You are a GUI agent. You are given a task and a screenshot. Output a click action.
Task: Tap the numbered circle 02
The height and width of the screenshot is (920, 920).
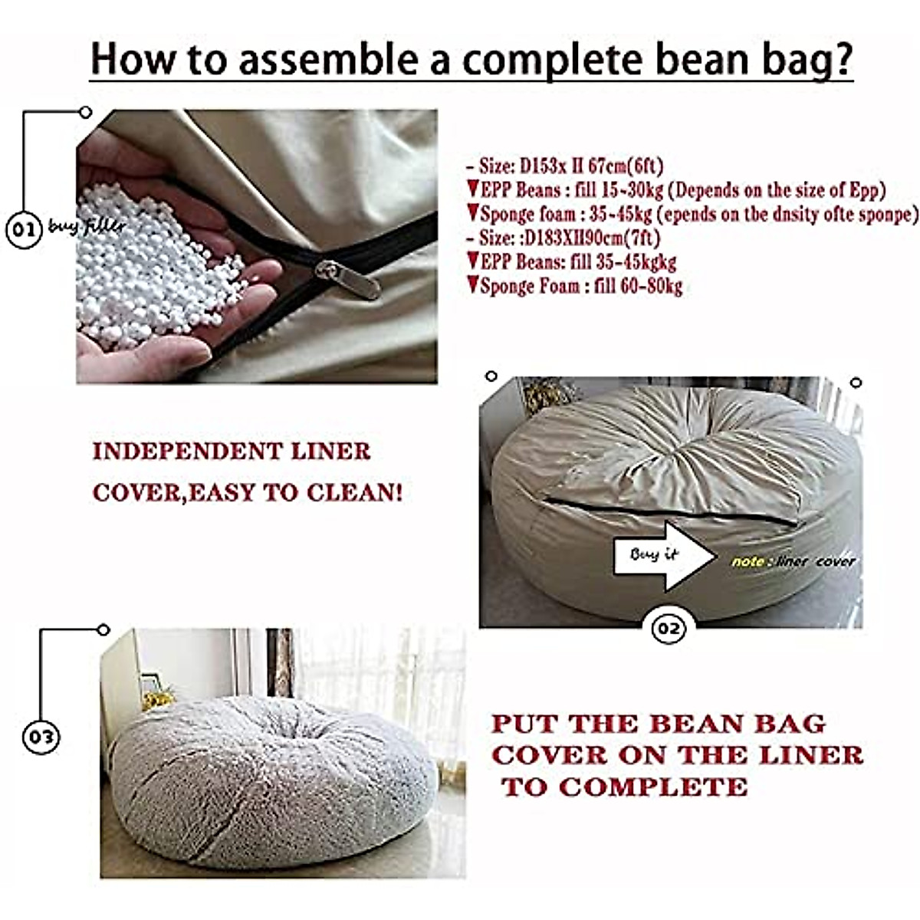point(668,629)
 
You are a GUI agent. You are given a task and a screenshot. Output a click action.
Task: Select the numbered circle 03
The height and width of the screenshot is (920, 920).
point(40,737)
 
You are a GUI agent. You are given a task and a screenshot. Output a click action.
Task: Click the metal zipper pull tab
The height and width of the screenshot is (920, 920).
point(350,279)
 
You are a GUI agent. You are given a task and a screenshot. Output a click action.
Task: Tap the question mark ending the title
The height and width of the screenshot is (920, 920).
point(842,59)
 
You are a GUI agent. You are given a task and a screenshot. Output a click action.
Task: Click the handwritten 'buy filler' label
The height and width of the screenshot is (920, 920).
point(86,227)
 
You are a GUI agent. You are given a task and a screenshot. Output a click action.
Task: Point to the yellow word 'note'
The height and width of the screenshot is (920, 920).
point(747,562)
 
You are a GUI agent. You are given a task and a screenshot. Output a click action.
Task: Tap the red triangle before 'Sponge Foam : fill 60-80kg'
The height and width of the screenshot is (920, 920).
point(473,285)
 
